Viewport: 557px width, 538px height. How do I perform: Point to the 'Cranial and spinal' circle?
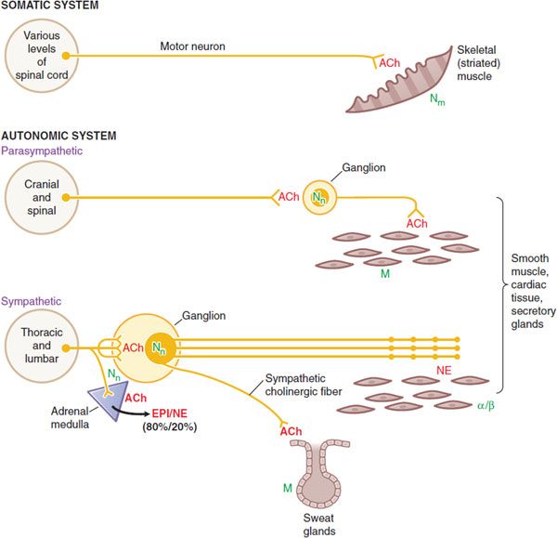pos(40,197)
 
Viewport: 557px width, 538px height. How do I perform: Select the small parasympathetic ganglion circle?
pos(320,197)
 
